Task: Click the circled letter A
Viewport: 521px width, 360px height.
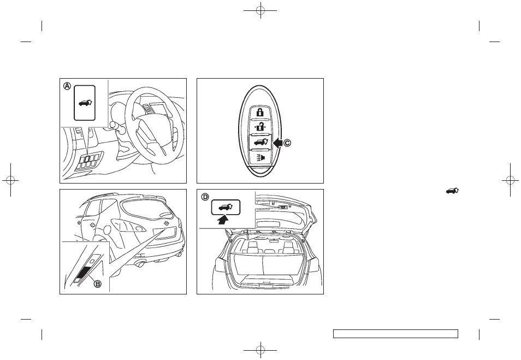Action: (x=67, y=86)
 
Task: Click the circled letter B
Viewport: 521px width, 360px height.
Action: (x=99, y=284)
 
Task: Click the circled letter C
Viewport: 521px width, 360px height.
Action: (x=287, y=144)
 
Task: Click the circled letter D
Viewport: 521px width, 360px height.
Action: (x=204, y=197)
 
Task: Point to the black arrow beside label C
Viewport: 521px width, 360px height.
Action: (x=276, y=144)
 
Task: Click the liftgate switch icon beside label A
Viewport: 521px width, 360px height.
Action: (x=85, y=103)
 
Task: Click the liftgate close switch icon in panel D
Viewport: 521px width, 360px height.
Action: (x=226, y=208)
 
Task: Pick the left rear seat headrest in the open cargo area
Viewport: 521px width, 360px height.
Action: (x=252, y=250)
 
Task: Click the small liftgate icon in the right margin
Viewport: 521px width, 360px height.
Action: (x=452, y=191)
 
